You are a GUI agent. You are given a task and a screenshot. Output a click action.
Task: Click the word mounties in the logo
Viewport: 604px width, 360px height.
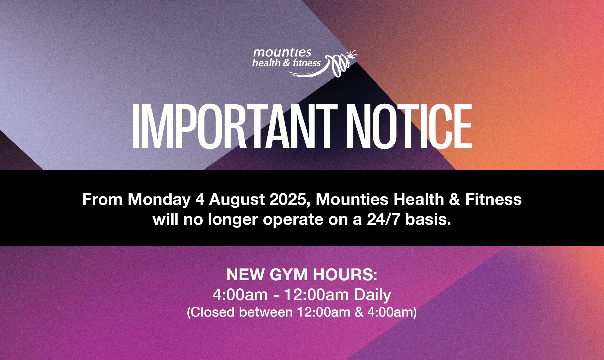tap(282, 52)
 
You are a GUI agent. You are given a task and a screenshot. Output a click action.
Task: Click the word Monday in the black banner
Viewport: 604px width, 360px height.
tap(159, 200)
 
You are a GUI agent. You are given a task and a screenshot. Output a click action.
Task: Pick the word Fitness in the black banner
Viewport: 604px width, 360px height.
tap(493, 199)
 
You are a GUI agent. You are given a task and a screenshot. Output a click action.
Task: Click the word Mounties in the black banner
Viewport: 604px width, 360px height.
tap(352, 199)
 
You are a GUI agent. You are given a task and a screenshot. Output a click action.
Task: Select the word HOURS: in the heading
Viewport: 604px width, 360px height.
tap(345, 275)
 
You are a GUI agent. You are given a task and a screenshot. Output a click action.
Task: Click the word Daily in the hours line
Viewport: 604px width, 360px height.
tap(373, 295)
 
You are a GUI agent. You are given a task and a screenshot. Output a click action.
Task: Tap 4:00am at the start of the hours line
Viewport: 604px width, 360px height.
tap(240, 295)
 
